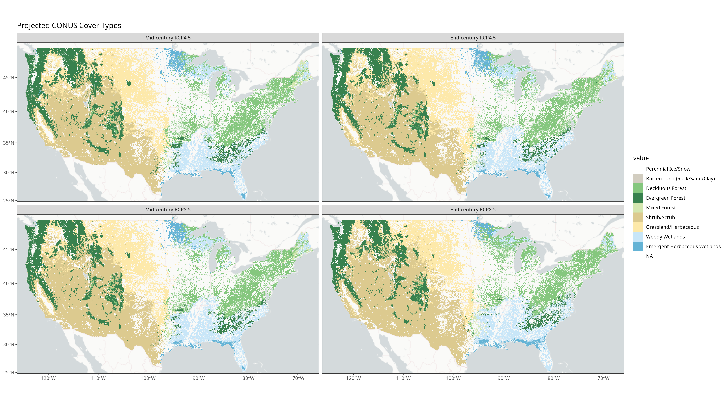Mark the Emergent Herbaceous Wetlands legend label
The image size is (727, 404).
click(683, 246)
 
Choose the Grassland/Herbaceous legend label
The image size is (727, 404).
click(672, 227)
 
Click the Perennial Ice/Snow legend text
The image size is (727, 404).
click(668, 169)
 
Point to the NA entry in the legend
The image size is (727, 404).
click(649, 256)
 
